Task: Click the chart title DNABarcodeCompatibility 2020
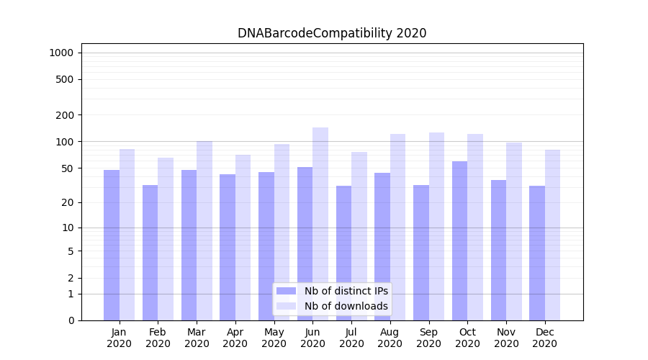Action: pos(332,33)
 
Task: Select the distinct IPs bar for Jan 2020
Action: pos(112,245)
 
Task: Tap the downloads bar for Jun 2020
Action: pos(320,223)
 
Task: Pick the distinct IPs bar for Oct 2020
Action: pos(459,240)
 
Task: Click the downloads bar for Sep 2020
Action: pos(436,226)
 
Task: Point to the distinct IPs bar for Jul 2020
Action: pos(343,253)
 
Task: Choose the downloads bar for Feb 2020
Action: pos(166,238)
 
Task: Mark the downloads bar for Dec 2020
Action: pos(552,235)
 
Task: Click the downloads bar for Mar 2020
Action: pos(204,230)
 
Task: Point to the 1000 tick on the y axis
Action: pos(61,53)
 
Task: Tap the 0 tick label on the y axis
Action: pos(70,320)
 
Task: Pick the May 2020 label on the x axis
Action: pos(274,338)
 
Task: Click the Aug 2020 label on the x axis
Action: pos(390,338)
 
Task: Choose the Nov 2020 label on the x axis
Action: pos(506,338)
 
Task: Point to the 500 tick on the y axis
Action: pos(65,79)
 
